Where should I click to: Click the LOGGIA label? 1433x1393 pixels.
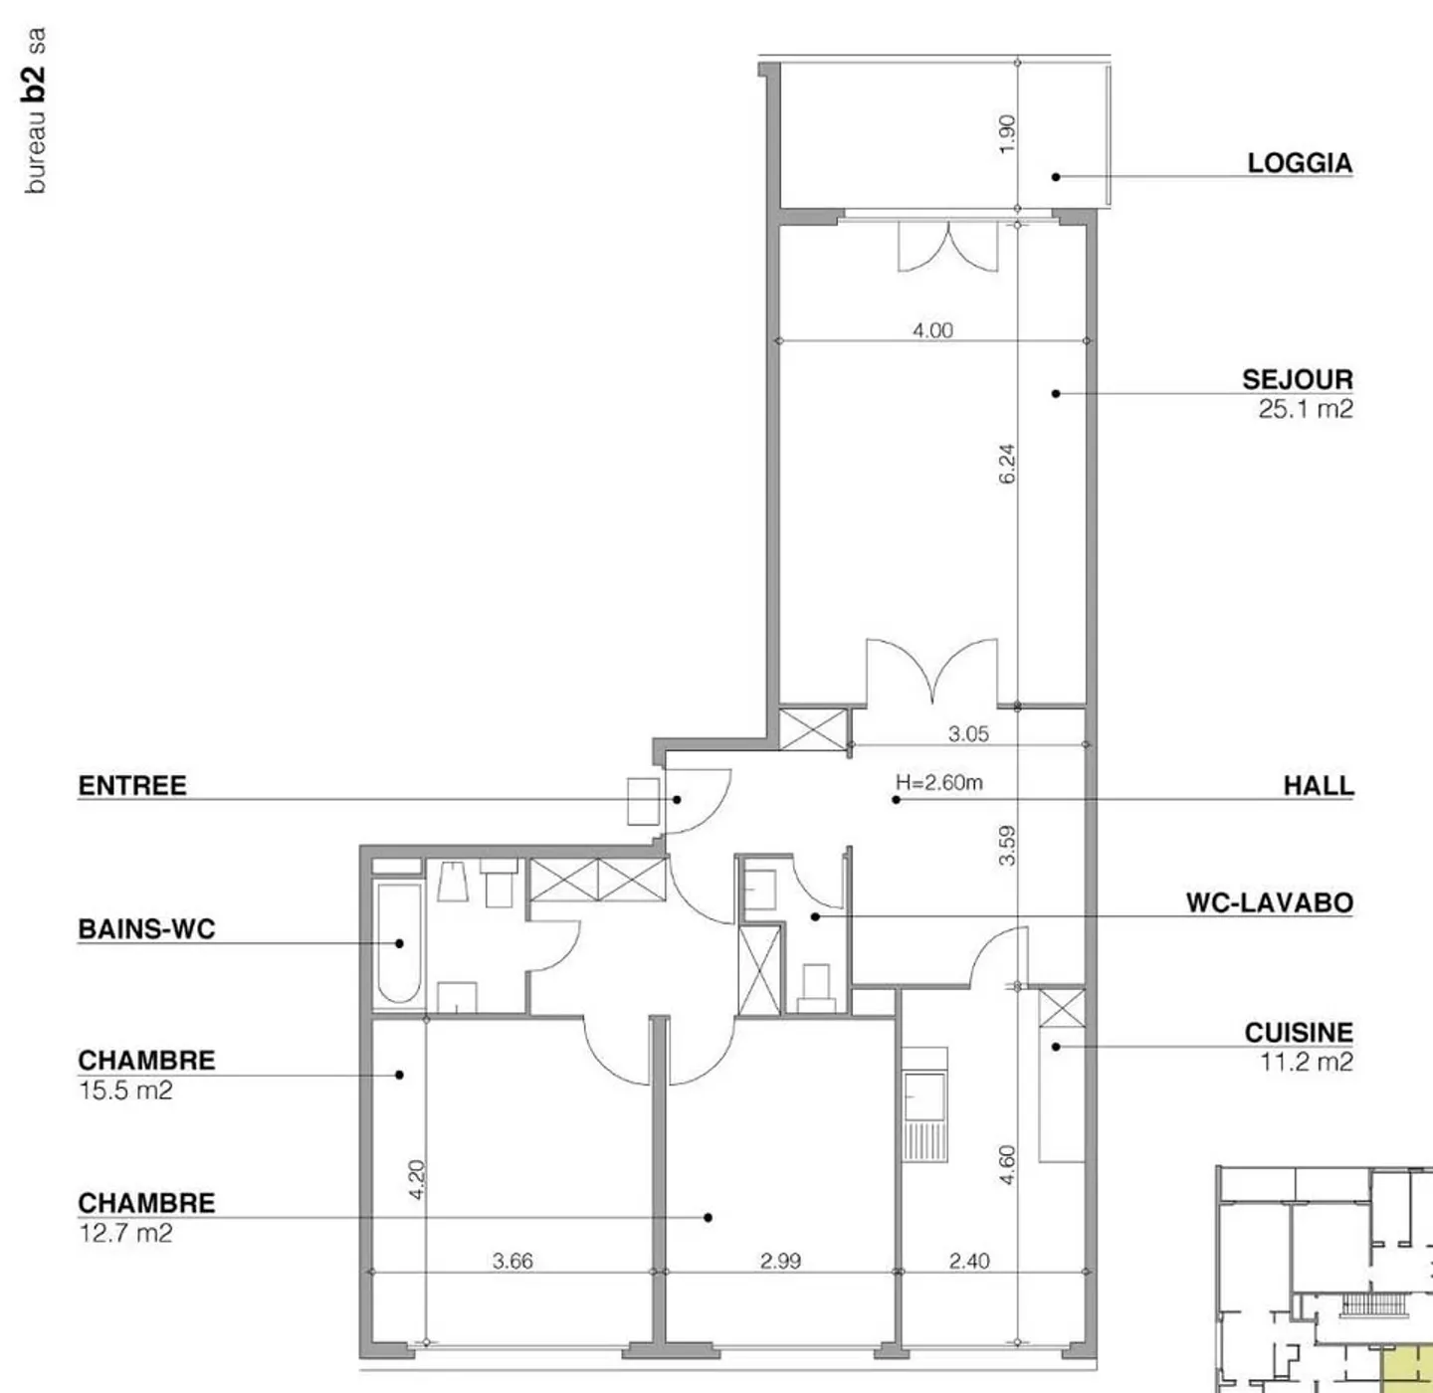[x=1300, y=163]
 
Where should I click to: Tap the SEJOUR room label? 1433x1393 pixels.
[x=1297, y=379]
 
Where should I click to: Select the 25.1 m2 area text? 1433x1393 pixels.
[x=1305, y=409]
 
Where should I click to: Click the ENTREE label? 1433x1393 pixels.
[x=132, y=786]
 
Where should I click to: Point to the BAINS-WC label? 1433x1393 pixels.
[x=146, y=929]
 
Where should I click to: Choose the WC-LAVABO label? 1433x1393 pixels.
[x=1269, y=902]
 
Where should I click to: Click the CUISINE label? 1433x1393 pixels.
[x=1299, y=1033]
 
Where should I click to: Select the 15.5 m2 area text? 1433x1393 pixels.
[x=125, y=1091]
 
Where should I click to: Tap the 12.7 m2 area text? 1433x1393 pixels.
[x=125, y=1234]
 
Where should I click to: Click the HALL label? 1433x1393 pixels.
[x=1319, y=786]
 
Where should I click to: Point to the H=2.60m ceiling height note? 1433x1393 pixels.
[x=938, y=783]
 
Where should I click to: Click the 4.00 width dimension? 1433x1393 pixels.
[x=932, y=330]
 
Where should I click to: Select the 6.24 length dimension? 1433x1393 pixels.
[x=1007, y=464]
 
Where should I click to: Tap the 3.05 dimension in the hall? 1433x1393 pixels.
[x=967, y=734]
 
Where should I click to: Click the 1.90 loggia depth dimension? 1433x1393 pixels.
[x=1007, y=133]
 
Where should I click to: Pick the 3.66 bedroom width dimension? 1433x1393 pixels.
[x=512, y=1262]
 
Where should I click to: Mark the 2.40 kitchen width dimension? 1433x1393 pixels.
[x=968, y=1262]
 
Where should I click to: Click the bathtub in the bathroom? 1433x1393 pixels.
[x=399, y=943]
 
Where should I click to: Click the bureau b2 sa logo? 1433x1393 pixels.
[x=35, y=110]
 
